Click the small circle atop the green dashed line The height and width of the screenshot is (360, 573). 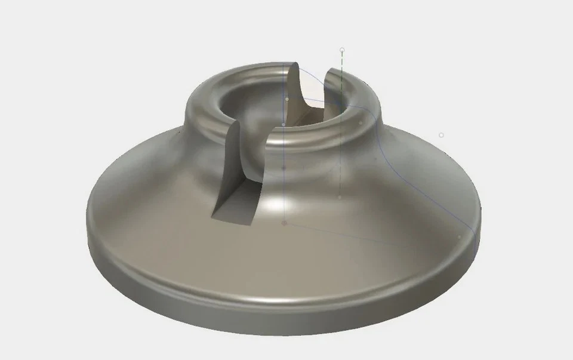[x=342, y=50]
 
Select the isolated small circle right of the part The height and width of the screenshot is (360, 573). [x=441, y=136]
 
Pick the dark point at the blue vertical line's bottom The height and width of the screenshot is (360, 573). [x=284, y=223]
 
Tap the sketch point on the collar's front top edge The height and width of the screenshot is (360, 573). [x=284, y=124]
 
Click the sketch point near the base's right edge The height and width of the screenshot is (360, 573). [x=460, y=237]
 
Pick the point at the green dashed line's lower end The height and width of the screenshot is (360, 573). [x=340, y=197]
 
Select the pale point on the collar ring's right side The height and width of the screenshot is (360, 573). [x=361, y=123]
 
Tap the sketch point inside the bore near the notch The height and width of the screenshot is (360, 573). [x=287, y=99]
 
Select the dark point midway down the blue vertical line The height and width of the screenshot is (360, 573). [x=284, y=168]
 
